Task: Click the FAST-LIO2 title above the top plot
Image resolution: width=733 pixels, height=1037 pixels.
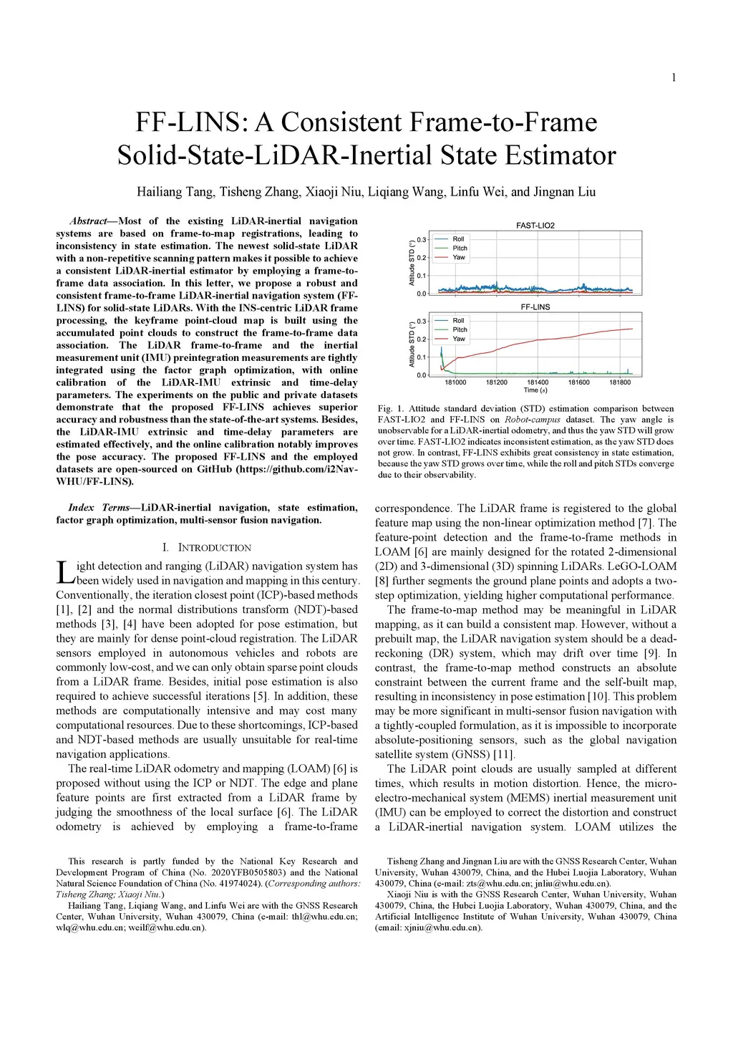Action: [x=535, y=225]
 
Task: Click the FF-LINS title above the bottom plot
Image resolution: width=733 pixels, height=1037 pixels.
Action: [x=535, y=307]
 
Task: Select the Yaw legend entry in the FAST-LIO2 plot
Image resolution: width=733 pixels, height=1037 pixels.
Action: [x=459, y=257]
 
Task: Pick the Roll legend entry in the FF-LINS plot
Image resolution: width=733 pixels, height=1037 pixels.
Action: [x=459, y=320]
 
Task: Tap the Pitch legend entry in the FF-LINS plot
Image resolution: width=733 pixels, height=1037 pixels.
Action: [x=460, y=329]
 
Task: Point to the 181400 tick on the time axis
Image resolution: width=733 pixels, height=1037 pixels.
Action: [x=538, y=382]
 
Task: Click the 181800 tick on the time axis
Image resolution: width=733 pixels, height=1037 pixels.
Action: [x=621, y=382]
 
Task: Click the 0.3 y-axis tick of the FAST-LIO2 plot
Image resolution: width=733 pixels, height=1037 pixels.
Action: [x=422, y=240]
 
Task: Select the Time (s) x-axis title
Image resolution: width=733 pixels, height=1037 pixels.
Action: [x=535, y=390]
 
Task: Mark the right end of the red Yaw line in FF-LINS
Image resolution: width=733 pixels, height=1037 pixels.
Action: [x=632, y=329]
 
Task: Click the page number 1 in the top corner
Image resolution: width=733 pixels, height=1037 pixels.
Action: [x=674, y=77]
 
